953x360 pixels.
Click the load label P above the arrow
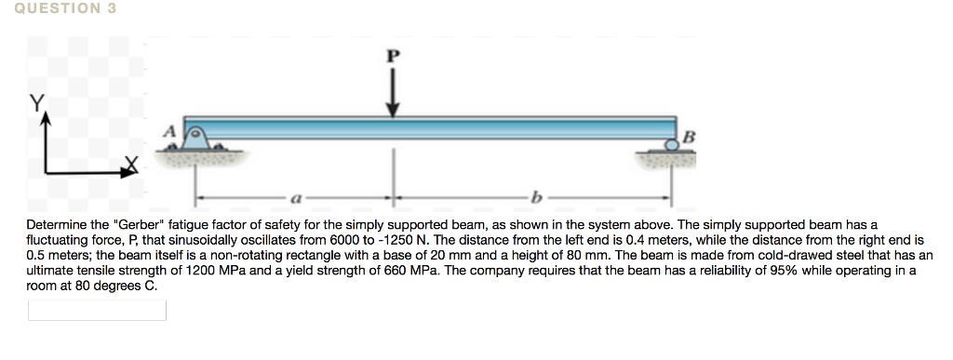[x=393, y=55]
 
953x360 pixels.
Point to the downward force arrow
[x=393, y=92]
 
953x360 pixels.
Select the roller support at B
[x=672, y=144]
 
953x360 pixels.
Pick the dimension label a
[x=295, y=197]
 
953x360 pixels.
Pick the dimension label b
[x=534, y=197]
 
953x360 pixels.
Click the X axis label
[x=134, y=165]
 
